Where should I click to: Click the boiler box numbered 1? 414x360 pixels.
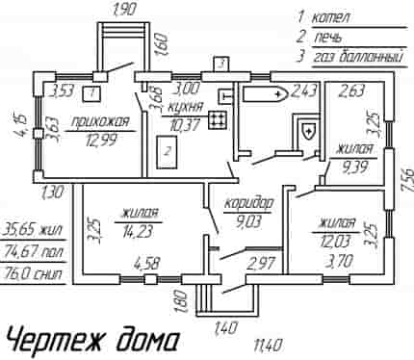coord(91,93)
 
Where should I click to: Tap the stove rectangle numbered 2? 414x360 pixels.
coord(167,152)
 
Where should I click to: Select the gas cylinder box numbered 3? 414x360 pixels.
coord(221,64)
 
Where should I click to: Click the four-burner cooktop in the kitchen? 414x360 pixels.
coord(218,119)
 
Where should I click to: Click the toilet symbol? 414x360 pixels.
coord(309,131)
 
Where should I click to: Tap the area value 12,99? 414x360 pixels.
coord(101,141)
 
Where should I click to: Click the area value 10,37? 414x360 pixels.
coord(185,123)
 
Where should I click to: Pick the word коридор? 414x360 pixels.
coord(249,203)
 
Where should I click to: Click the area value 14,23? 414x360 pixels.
coord(138,231)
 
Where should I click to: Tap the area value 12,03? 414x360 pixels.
coord(335,241)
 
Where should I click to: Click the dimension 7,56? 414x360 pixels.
coord(406,181)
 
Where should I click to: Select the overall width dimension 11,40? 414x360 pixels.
coord(268,346)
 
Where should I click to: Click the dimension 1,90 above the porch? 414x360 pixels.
coord(123,9)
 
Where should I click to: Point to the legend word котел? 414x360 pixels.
coord(330,17)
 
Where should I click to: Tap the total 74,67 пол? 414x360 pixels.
coord(34,252)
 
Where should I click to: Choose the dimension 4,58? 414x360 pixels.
coord(147,264)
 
